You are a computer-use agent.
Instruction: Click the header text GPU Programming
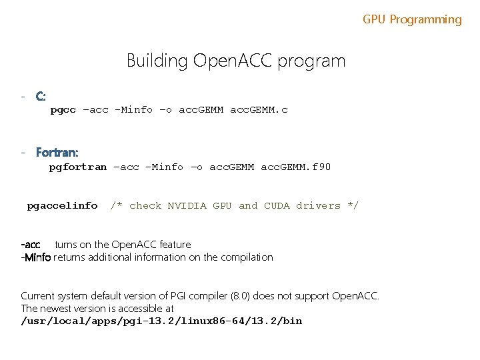click(412, 19)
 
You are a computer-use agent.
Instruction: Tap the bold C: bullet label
click(41, 97)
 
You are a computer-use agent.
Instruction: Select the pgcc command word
click(63, 110)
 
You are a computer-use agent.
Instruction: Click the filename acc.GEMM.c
click(259, 110)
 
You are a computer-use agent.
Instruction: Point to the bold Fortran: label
click(57, 153)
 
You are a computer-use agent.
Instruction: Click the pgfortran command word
click(77, 167)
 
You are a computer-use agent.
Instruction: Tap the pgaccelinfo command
click(62, 206)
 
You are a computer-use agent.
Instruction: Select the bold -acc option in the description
click(31, 245)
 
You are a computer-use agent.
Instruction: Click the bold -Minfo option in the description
click(36, 257)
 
